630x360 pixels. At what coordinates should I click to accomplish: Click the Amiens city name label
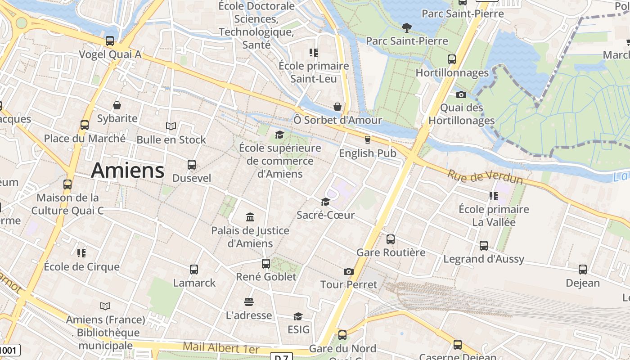point(128,171)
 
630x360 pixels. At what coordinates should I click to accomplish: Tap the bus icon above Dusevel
point(192,165)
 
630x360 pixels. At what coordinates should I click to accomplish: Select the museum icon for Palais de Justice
point(250,218)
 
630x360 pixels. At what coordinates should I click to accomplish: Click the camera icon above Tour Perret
point(348,271)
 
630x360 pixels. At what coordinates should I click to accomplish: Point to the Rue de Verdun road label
point(485,176)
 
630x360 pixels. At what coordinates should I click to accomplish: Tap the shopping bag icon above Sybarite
point(117,105)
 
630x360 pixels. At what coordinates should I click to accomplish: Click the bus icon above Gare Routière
point(391,239)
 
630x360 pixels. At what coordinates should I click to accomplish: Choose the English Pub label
point(368,153)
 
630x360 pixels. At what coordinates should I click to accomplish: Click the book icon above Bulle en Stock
point(171,126)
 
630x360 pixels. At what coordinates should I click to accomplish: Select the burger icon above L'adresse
point(249,301)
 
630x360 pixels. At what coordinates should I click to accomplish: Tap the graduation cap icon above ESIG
point(298,317)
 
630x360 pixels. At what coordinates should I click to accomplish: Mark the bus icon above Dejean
point(583,270)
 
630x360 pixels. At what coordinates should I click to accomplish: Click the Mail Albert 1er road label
point(221,348)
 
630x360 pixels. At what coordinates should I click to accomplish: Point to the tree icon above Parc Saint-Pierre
point(407,28)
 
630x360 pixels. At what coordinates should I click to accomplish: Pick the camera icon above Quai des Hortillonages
point(461,94)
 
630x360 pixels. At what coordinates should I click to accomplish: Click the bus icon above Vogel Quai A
point(110,41)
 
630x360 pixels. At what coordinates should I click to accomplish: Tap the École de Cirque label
point(82,266)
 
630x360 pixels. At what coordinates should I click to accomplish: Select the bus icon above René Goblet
point(266,264)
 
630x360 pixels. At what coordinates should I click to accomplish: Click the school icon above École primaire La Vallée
point(493,196)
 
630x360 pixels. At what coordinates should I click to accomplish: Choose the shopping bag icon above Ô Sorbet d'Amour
point(337,107)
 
